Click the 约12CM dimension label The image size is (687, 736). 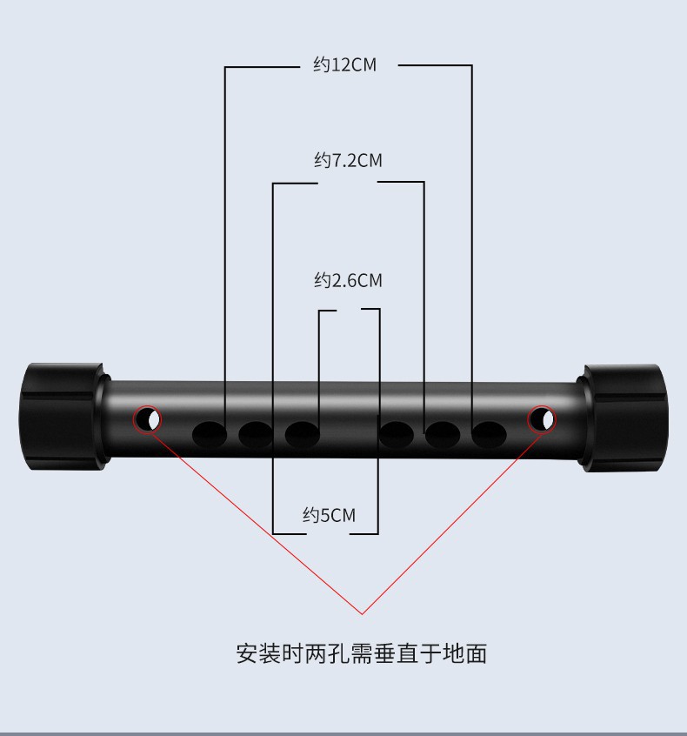pyautogui.click(x=345, y=64)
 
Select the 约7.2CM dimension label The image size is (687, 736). pyautogui.click(x=348, y=160)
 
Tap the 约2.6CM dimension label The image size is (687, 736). pyautogui.click(x=348, y=280)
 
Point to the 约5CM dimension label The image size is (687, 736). pyautogui.click(x=329, y=515)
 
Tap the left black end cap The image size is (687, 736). pyautogui.click(x=63, y=417)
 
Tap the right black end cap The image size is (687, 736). pyautogui.click(x=624, y=418)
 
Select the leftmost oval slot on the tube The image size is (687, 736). pyautogui.click(x=210, y=434)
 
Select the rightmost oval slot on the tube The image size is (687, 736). pyautogui.click(x=489, y=434)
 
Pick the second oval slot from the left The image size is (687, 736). pyautogui.click(x=256, y=434)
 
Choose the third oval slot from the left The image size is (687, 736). pyautogui.click(x=303, y=434)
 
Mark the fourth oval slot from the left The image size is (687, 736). pyautogui.click(x=396, y=434)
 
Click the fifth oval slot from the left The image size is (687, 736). pyautogui.click(x=443, y=434)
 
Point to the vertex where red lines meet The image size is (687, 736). pyautogui.click(x=363, y=613)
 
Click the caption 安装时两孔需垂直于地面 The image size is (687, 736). pyautogui.click(x=362, y=653)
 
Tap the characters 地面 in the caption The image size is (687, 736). pyautogui.click(x=464, y=653)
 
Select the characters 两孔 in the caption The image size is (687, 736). pyautogui.click(x=327, y=653)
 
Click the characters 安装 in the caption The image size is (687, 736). pyautogui.click(x=258, y=653)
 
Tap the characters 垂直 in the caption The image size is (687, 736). pyautogui.click(x=396, y=653)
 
